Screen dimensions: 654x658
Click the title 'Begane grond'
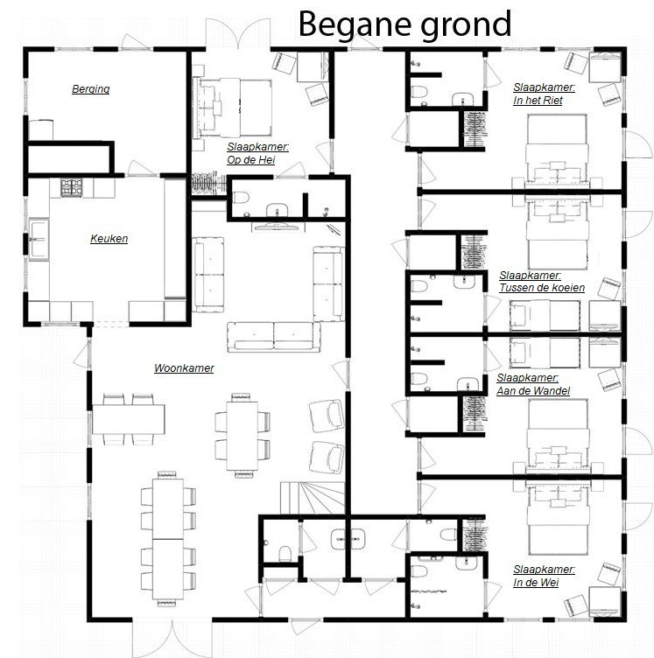[404, 25]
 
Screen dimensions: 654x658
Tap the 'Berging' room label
[91, 89]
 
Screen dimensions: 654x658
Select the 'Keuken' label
[109, 238]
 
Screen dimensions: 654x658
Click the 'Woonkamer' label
[184, 368]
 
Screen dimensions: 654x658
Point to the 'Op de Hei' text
[251, 160]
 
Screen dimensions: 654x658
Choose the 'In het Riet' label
[538, 101]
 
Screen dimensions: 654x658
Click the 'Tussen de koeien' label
[542, 288]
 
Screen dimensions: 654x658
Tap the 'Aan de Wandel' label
[533, 391]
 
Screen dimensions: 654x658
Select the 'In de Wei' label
[536, 583]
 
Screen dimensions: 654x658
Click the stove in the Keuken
[72, 187]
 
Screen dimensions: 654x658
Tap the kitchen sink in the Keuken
[39, 239]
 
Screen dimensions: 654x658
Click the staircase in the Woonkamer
[313, 498]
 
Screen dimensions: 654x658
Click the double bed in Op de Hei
[232, 108]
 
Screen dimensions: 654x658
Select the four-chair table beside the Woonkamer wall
[128, 419]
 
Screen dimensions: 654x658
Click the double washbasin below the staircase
[348, 538]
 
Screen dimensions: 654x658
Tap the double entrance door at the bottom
[172, 637]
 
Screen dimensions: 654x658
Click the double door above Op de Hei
[238, 34]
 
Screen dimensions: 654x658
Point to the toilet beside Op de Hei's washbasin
[241, 198]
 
